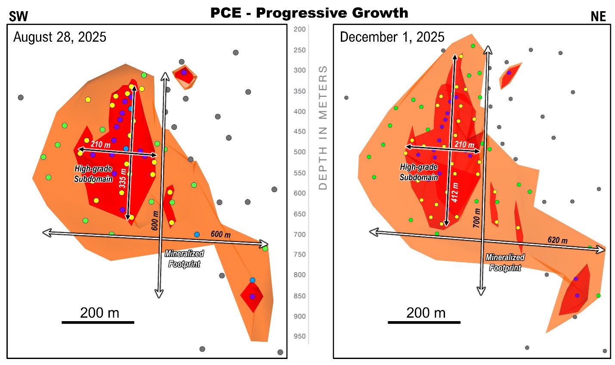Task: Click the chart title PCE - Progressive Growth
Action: [309, 13]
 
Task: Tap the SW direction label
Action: [19, 17]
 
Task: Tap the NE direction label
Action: [598, 17]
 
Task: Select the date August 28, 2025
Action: [60, 37]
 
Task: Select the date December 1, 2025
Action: [392, 37]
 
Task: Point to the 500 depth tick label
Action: [300, 152]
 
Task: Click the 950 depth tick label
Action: [300, 337]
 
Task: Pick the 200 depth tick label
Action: [300, 29]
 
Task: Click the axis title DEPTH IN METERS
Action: [323, 127]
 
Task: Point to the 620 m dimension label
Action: [557, 240]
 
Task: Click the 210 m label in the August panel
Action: [100, 144]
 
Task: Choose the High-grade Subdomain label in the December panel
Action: [418, 172]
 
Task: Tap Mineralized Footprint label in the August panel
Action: [184, 259]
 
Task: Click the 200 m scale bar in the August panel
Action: [98, 322]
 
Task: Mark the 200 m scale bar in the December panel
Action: [424, 322]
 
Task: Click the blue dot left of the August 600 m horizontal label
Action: [197, 234]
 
